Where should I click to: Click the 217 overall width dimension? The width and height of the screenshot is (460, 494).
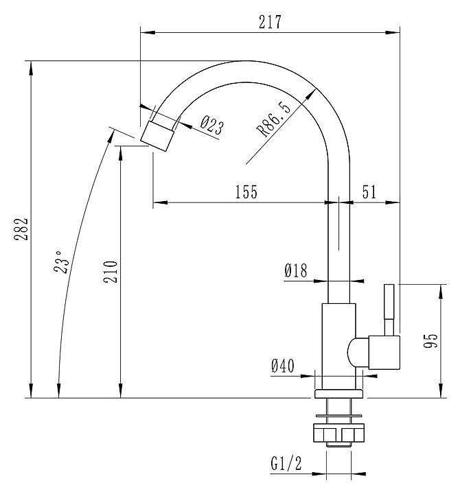(x=270, y=22)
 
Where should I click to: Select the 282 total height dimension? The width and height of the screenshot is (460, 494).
(x=21, y=229)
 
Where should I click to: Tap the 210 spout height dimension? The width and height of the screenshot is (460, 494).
(x=111, y=272)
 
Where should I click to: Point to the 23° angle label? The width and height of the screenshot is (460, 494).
(x=61, y=262)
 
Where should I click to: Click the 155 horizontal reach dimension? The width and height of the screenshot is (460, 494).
(x=246, y=191)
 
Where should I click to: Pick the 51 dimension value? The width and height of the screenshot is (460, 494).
(x=369, y=191)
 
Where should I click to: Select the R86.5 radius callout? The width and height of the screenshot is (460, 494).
(x=274, y=119)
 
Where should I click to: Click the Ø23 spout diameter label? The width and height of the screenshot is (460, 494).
(x=212, y=125)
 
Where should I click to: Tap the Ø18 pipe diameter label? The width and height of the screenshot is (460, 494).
(x=295, y=270)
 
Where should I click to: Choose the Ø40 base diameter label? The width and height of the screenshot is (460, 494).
(x=282, y=366)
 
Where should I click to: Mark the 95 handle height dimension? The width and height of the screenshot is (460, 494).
(x=430, y=340)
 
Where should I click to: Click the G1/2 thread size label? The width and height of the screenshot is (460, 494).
(x=286, y=463)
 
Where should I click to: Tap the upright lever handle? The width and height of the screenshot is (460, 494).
(x=389, y=309)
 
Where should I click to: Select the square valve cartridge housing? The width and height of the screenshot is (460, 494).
(x=384, y=352)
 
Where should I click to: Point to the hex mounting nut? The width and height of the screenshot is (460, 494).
(x=338, y=433)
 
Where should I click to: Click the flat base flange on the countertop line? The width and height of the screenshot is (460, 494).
(x=338, y=394)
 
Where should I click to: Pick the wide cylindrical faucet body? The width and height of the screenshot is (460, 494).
(x=339, y=346)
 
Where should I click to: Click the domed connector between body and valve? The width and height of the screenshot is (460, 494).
(x=358, y=352)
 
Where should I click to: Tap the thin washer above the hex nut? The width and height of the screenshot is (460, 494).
(x=338, y=416)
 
